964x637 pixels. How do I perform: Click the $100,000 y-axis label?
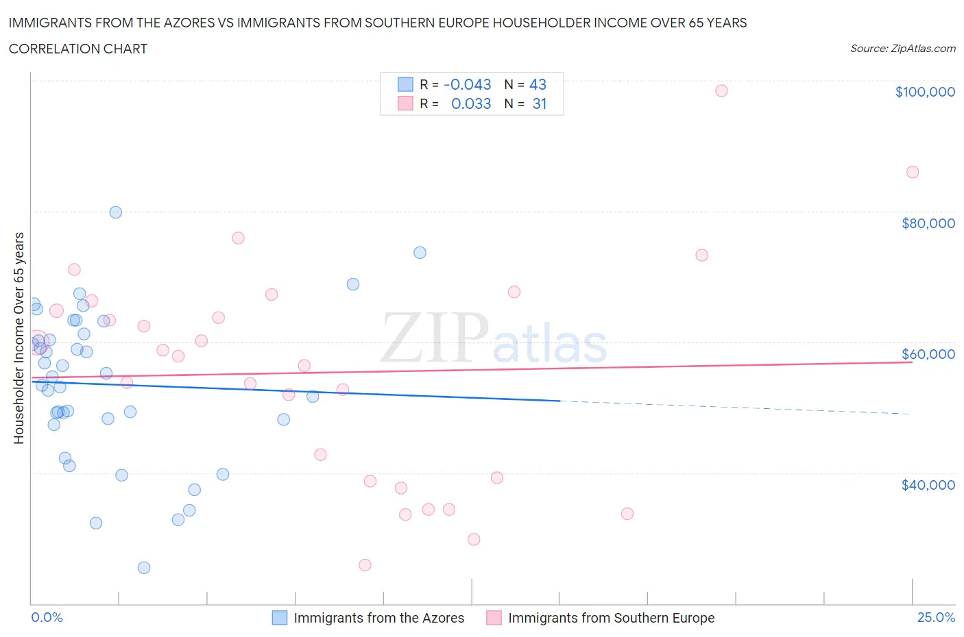pyautogui.click(x=924, y=92)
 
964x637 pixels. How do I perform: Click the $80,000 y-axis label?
pyautogui.click(x=928, y=223)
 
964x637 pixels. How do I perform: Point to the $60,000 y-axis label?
pyautogui.click(x=928, y=354)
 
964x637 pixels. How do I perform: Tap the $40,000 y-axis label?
pyautogui.click(x=928, y=485)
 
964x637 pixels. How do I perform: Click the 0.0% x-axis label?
pyautogui.click(x=47, y=617)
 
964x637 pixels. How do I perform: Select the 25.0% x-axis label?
pyautogui.click(x=936, y=617)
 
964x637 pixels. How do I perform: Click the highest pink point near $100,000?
pyautogui.click(x=721, y=90)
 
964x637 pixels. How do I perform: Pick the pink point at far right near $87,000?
pyautogui.click(x=912, y=172)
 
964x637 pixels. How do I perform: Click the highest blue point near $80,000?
pyautogui.click(x=116, y=212)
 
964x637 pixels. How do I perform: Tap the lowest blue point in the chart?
pyautogui.click(x=144, y=567)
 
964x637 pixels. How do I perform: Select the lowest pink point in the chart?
pyautogui.click(x=365, y=565)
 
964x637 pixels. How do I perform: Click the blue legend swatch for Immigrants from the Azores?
pyautogui.click(x=280, y=618)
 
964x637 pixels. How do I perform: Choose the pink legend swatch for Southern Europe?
pyautogui.click(x=494, y=618)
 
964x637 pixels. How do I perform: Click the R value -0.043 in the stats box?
pyautogui.click(x=468, y=84)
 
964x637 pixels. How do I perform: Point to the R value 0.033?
pyautogui.click(x=471, y=103)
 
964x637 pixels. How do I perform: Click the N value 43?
pyautogui.click(x=538, y=84)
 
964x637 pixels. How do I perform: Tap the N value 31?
pyautogui.click(x=540, y=103)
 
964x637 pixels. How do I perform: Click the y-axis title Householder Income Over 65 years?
pyautogui.click(x=19, y=338)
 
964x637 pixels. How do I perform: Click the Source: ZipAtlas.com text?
pyautogui.click(x=902, y=49)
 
